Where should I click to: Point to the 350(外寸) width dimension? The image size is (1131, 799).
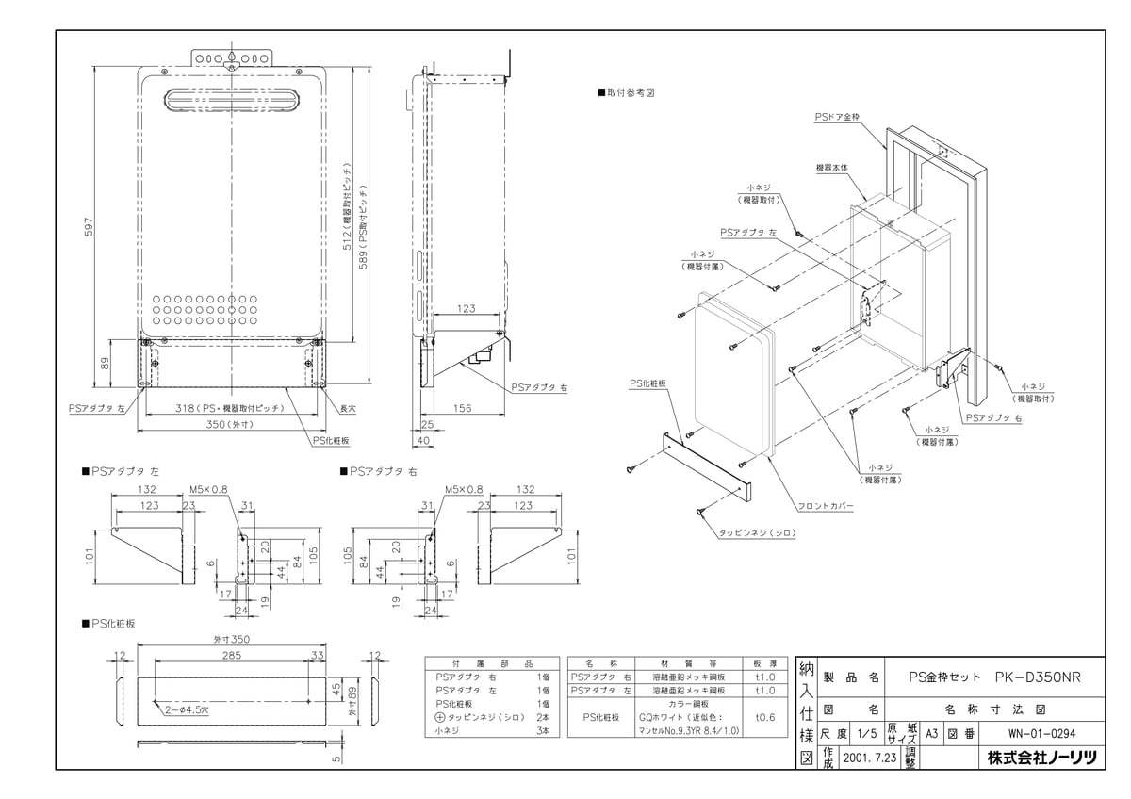pos(230,424)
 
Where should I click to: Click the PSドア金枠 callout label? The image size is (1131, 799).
pos(838,119)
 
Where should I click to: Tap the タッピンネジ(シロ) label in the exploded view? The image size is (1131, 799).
pos(758,533)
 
